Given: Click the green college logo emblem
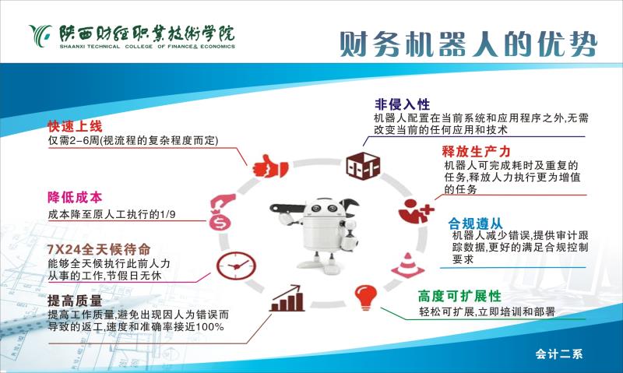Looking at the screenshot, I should pyautogui.click(x=41, y=35).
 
